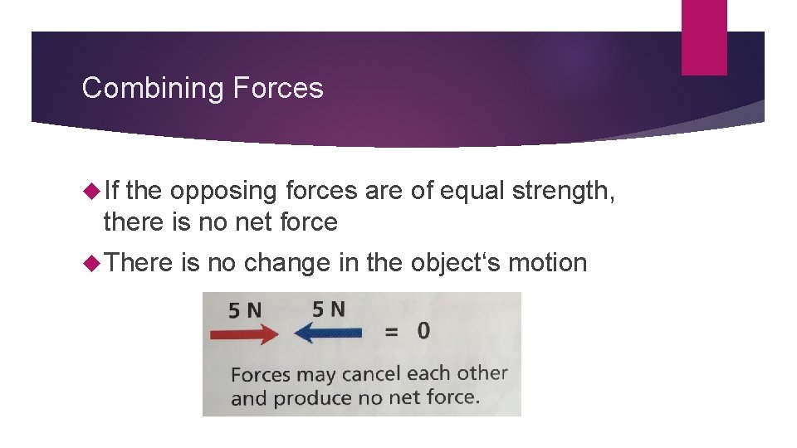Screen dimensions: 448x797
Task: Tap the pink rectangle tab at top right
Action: tap(704, 37)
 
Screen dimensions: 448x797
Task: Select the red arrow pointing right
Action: tap(245, 334)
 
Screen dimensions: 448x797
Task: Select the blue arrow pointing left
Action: tap(328, 334)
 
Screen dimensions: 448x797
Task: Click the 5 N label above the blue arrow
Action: tap(329, 309)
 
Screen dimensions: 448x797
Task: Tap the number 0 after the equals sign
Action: tap(423, 330)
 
